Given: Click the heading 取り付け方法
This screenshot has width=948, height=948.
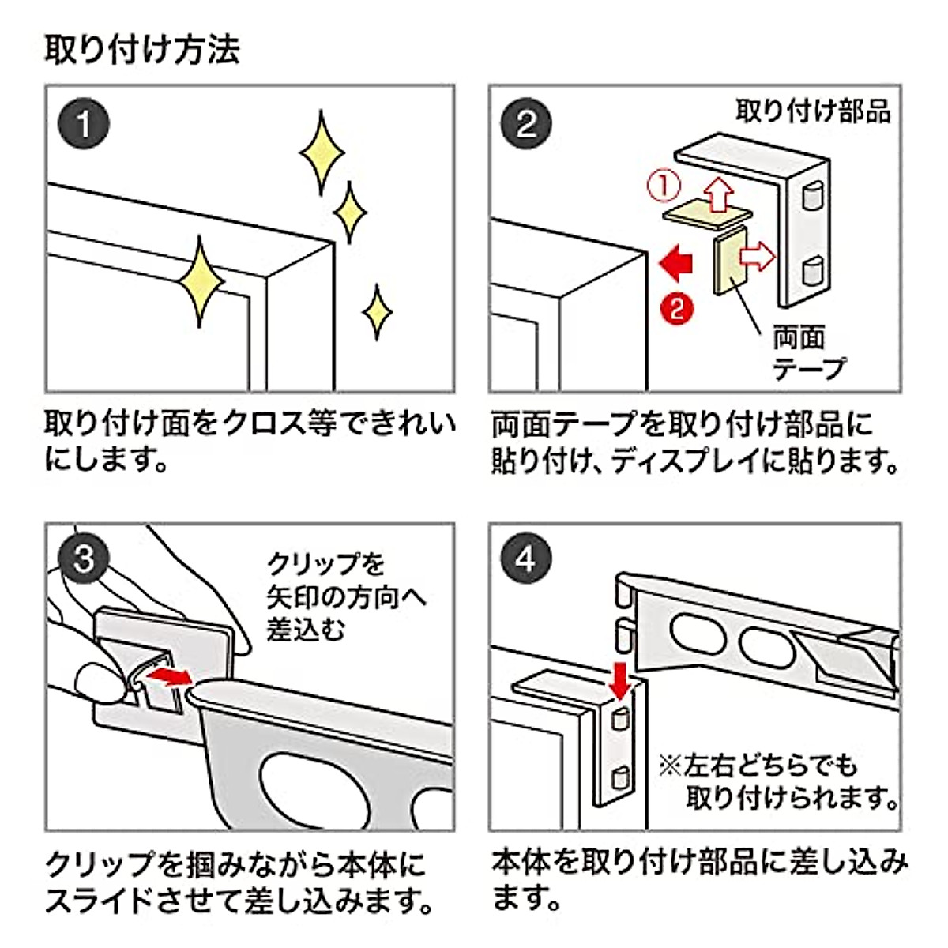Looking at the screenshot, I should coord(142,49).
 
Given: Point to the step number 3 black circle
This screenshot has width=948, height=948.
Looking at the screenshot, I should coord(84,560).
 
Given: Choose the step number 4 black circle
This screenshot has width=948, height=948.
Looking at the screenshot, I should coord(527,560).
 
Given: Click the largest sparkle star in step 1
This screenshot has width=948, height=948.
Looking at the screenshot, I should coord(199,281).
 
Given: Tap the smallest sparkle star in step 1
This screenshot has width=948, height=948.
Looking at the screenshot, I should coord(377,312).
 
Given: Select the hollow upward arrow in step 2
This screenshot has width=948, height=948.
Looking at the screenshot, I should coord(718,194).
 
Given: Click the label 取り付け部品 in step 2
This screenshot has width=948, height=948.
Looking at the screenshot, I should coord(813,111).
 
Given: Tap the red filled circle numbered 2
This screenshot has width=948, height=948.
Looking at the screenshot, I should coord(677,307).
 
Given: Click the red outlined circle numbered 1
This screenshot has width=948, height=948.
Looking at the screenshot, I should coord(664,186).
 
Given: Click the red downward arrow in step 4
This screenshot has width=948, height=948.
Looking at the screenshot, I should coord(621,679).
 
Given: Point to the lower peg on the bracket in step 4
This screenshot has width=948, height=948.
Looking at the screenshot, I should coord(621,777).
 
